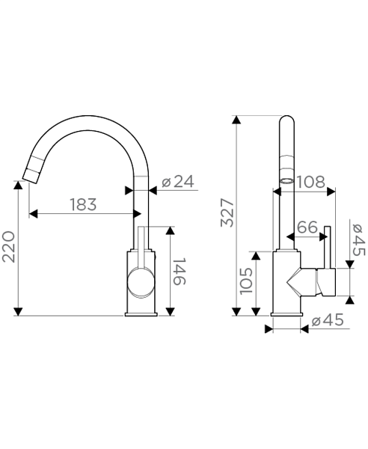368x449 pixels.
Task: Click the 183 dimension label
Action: [x=83, y=204]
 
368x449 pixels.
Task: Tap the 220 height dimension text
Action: [x=8, y=247]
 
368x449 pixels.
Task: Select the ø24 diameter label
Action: [x=178, y=182]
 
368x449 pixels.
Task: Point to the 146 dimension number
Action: [x=180, y=272]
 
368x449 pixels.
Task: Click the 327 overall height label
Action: [x=227, y=213]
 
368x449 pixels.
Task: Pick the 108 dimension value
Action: [x=310, y=182]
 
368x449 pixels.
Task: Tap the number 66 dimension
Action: [x=307, y=227]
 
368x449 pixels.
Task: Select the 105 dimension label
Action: [x=246, y=281]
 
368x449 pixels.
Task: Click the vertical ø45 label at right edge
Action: [x=359, y=239]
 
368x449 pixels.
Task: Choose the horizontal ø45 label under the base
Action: [x=327, y=320]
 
